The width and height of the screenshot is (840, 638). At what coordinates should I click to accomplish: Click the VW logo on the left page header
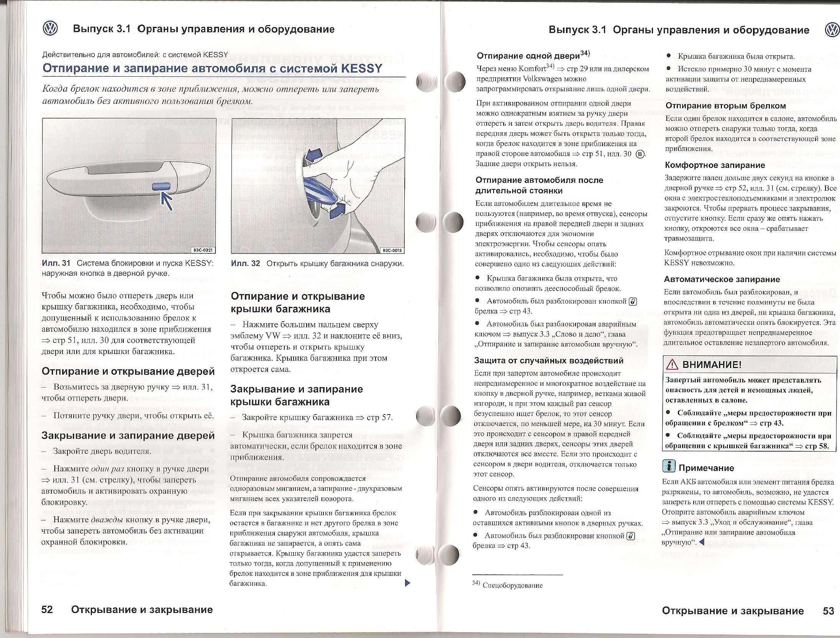[50, 29]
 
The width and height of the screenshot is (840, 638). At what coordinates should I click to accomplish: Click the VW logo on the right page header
[832, 30]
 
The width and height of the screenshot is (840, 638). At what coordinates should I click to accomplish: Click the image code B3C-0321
[203, 250]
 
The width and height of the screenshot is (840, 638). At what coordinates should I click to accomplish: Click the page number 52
[47, 610]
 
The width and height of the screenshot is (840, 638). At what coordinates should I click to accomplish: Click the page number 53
[828, 611]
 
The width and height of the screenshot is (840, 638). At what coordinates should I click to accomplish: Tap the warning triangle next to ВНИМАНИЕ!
[672, 365]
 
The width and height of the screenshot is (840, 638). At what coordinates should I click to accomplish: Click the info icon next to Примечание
[668, 466]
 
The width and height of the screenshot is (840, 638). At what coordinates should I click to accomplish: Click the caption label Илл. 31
[56, 263]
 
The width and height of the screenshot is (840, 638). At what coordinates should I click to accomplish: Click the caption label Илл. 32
[246, 263]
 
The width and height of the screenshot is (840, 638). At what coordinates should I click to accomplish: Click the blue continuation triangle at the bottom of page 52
[407, 583]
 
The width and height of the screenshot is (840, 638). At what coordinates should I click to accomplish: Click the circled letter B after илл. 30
[640, 154]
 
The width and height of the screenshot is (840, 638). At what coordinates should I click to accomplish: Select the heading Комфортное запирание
[715, 165]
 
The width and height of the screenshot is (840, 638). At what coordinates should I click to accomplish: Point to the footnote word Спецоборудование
[513, 585]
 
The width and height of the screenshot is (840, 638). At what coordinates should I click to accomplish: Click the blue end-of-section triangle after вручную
[702, 542]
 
